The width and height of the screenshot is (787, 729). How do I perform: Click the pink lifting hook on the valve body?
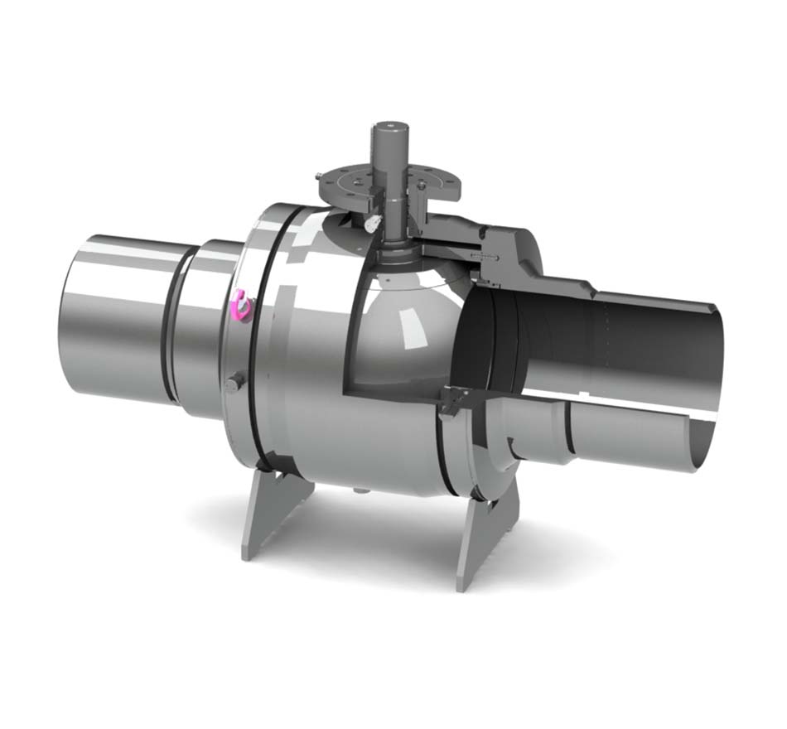point(241,304)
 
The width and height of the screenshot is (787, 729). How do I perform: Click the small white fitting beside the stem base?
point(372,223)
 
